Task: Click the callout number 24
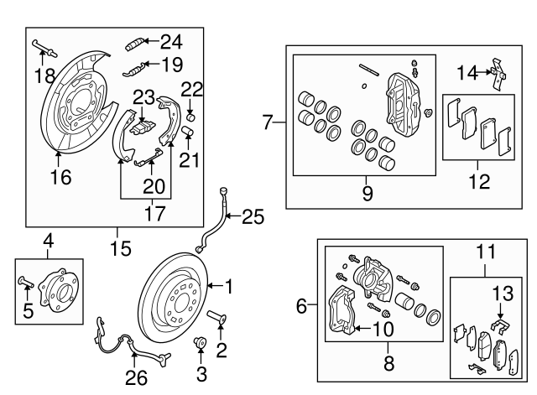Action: tap(170, 40)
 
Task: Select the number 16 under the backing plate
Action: tap(60, 176)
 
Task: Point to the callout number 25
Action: tap(253, 218)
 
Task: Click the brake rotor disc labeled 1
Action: tap(175, 296)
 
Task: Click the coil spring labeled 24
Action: tap(138, 42)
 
